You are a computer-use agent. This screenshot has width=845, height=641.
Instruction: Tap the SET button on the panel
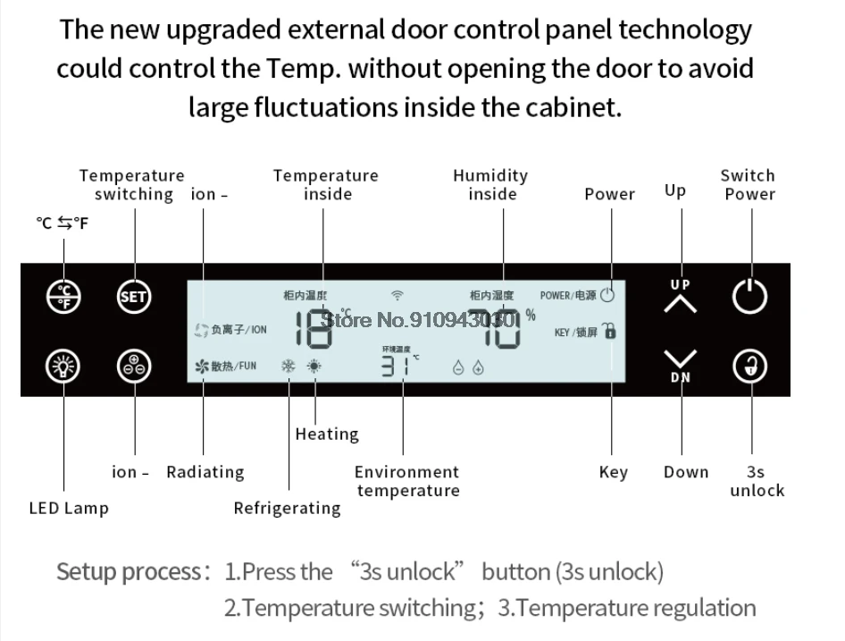point(134,296)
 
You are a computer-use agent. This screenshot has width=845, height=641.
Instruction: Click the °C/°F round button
point(63,296)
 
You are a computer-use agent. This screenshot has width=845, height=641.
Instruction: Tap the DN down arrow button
point(681,363)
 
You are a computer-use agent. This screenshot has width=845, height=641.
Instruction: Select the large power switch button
point(749,296)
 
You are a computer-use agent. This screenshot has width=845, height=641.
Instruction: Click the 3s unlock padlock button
point(749,367)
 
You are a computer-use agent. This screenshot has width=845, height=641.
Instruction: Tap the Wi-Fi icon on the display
point(397,294)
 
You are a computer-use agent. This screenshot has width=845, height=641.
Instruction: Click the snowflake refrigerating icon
point(289,366)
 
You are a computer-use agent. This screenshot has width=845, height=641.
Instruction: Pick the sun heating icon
point(314,366)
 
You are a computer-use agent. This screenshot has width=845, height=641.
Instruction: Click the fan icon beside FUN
point(201,366)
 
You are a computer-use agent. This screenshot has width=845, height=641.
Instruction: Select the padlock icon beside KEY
point(611,331)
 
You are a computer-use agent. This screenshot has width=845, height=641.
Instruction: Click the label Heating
point(327,434)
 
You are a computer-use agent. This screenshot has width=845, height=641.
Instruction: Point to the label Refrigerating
point(287,509)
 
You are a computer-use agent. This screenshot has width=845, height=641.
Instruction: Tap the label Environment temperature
point(406,481)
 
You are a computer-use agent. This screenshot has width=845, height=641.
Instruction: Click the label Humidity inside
point(490,184)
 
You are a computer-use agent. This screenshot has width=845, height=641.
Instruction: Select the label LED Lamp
point(69,509)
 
